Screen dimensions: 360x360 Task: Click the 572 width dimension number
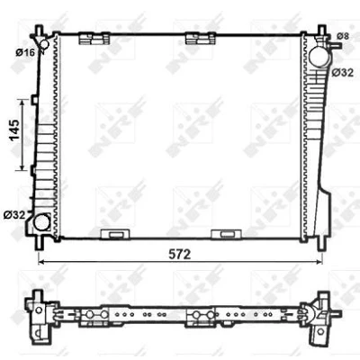180,255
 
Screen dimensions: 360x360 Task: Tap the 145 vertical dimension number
14,130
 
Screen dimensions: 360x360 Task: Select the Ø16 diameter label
25,53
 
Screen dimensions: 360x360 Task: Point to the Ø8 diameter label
343,36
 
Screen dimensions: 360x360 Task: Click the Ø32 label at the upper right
343,72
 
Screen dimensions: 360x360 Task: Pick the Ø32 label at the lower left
14,215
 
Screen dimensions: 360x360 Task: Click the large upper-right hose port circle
319,56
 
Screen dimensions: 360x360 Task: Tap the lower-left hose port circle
41,222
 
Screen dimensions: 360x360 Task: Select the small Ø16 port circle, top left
44,45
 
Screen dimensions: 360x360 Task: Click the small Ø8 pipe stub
335,45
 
